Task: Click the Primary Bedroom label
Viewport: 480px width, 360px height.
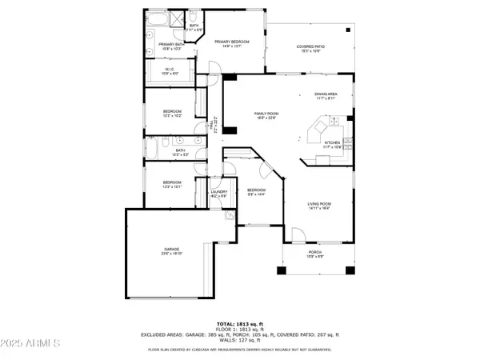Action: pyautogui.click(x=233, y=42)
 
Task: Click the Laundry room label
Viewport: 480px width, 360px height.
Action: pyautogui.click(x=219, y=193)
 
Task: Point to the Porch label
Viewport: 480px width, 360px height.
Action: pyautogui.click(x=315, y=254)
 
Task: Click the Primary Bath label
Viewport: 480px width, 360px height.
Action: pyautogui.click(x=170, y=46)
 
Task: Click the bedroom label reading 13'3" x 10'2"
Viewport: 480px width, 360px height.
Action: pyautogui.click(x=173, y=113)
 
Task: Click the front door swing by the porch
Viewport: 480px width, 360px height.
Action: pyautogui.click(x=295, y=235)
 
